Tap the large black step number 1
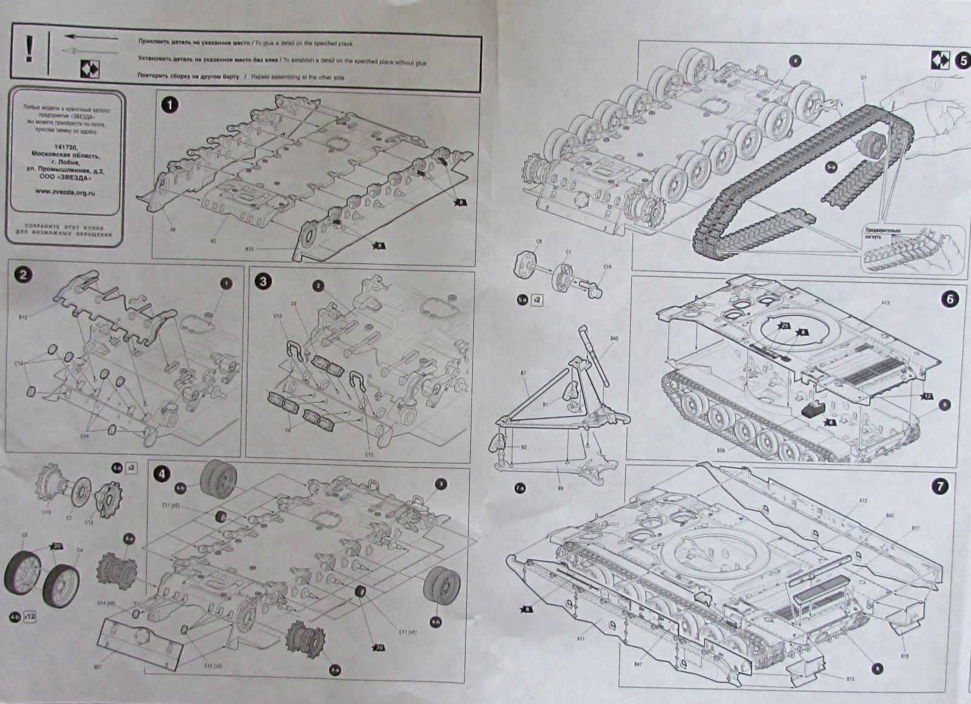point(169,105)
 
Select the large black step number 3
point(263,282)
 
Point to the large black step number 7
point(940,486)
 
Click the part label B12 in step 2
point(23,317)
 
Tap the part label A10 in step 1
point(249,249)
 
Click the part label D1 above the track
point(863,78)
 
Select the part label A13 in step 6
point(885,302)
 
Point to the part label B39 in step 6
point(720,450)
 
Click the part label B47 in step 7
point(638,664)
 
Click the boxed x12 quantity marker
point(30,617)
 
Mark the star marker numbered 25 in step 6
point(784,326)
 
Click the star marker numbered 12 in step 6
point(927,396)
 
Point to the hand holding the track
point(929,115)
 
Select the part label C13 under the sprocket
point(47,512)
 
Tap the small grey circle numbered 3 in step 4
point(441,484)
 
